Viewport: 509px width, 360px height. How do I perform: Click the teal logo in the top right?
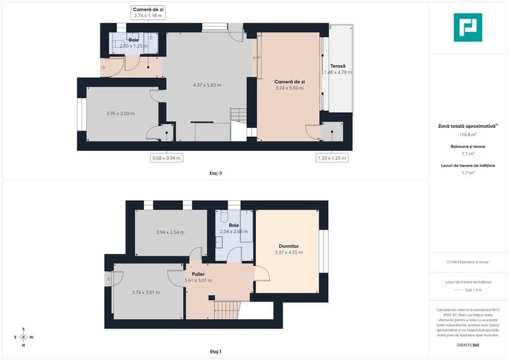tap(467, 27)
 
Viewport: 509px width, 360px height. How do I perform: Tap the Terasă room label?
tap(338, 66)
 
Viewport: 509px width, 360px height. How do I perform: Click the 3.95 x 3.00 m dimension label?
tap(120, 113)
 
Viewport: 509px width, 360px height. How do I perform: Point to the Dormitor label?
tap(289, 246)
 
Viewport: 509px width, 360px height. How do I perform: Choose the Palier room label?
tap(198, 274)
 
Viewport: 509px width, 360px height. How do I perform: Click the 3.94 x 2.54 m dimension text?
tap(170, 232)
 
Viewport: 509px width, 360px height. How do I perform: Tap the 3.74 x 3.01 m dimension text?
tap(146, 292)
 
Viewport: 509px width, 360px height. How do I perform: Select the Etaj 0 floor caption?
tap(215, 173)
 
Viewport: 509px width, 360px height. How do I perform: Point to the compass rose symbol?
tap(23, 337)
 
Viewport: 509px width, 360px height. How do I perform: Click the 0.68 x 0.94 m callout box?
tap(166, 157)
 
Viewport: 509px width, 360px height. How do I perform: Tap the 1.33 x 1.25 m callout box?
tap(332, 157)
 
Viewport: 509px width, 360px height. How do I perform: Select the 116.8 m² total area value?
tap(469, 135)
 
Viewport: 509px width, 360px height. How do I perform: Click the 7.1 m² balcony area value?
tap(468, 154)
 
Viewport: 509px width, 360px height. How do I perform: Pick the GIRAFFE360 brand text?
tap(468, 345)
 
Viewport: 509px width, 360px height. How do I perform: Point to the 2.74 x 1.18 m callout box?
tap(148, 12)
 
